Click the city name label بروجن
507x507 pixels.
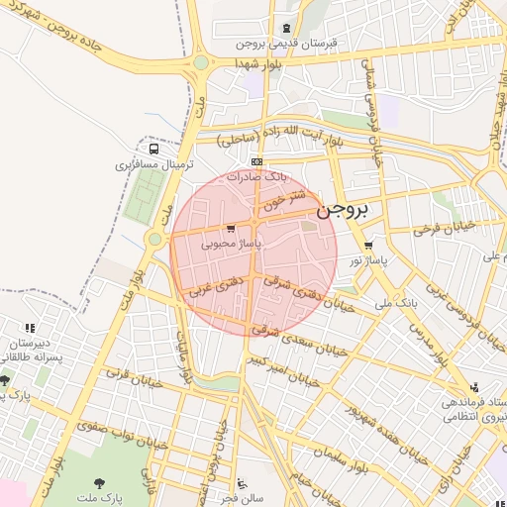(x=342, y=211)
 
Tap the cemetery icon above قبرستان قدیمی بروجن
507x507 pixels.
(x=287, y=29)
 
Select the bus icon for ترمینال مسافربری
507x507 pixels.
(x=152, y=148)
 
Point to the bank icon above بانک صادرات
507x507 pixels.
(x=257, y=161)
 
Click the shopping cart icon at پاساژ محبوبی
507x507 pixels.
(x=231, y=228)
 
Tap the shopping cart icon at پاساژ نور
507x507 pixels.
(x=368, y=245)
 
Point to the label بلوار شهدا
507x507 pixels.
(x=260, y=62)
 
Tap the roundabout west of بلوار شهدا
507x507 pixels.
(x=201, y=63)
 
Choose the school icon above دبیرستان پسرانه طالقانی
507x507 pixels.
(x=30, y=327)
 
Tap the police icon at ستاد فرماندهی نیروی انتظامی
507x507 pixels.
(x=474, y=387)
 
